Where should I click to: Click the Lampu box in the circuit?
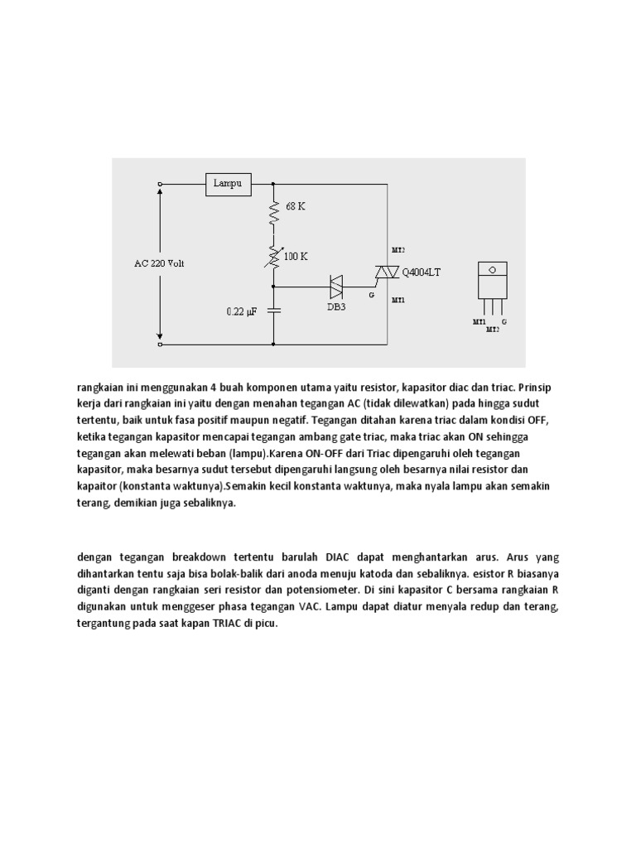pos(229,184)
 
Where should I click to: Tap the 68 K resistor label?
pos(296,206)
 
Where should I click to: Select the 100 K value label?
pos(296,257)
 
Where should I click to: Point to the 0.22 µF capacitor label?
pos(243,312)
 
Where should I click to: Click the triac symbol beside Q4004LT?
pos(386,272)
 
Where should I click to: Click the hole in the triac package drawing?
pos(492,269)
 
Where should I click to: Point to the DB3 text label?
pos(335,306)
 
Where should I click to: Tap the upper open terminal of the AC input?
pos(159,184)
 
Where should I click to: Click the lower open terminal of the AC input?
pos(159,342)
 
